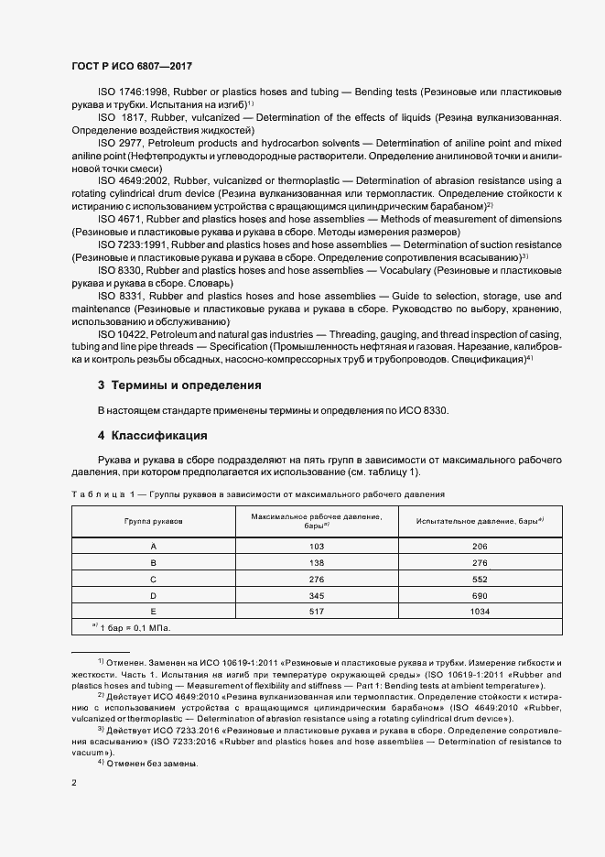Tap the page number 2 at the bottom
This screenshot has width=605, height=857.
(x=74, y=783)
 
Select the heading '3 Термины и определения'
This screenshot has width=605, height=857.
(x=180, y=385)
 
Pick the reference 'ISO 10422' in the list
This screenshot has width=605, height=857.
(x=123, y=335)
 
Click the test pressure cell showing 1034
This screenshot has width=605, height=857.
(x=480, y=612)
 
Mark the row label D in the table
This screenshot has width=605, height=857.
(x=153, y=595)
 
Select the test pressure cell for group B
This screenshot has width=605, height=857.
(x=480, y=562)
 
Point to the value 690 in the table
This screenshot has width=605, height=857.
(x=480, y=595)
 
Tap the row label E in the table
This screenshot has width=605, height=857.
(x=153, y=612)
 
